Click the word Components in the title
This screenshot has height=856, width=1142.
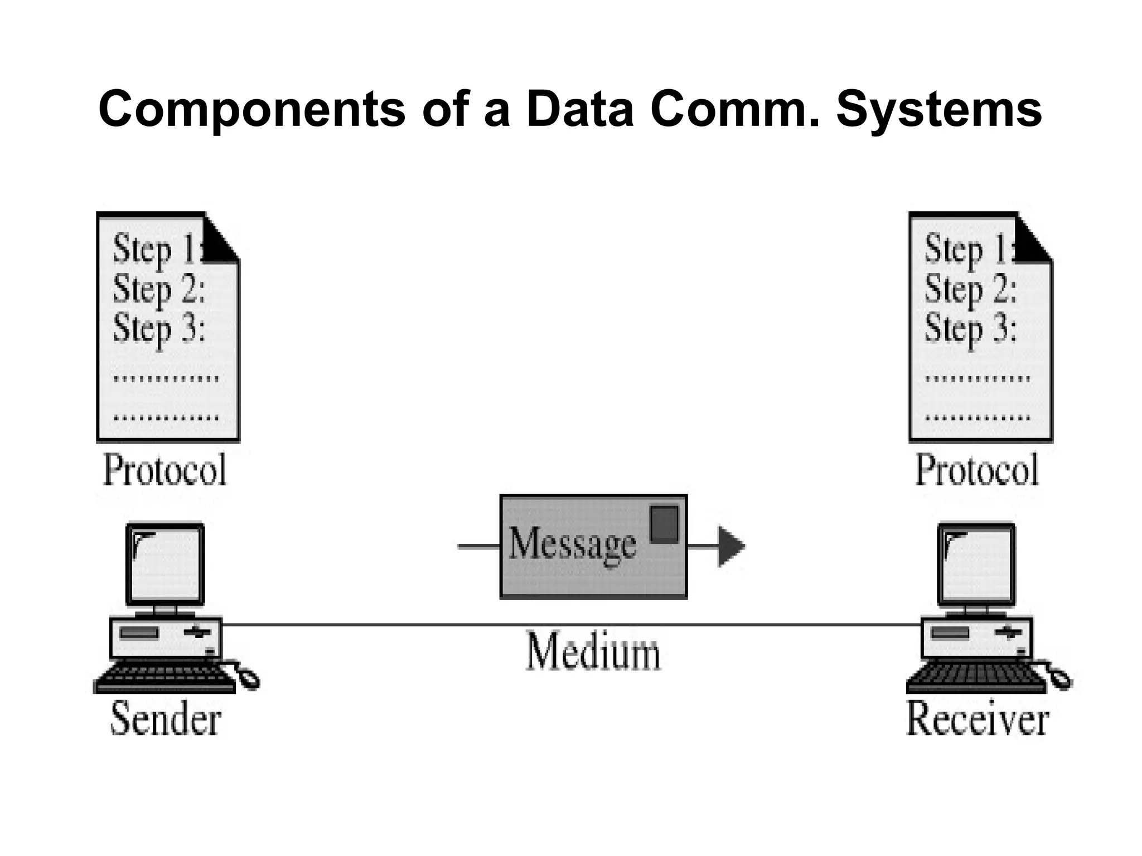pyautogui.click(x=251, y=110)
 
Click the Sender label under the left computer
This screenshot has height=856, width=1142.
pyautogui.click(x=166, y=719)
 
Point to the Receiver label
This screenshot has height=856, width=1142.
pyautogui.click(x=977, y=719)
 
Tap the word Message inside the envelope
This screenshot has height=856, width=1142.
pyautogui.click(x=572, y=544)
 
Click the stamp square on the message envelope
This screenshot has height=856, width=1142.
pyautogui.click(x=664, y=524)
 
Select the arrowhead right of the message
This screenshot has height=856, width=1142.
pyautogui.click(x=730, y=547)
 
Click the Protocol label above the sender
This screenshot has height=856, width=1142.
pyautogui.click(x=165, y=470)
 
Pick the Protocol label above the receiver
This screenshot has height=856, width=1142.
pyautogui.click(x=977, y=470)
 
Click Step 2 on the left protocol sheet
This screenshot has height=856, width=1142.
pyautogui.click(x=159, y=290)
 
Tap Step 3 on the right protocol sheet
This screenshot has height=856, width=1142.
pyautogui.click(x=971, y=329)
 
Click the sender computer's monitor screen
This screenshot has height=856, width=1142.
pyautogui.click(x=165, y=564)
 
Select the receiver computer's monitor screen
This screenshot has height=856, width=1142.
pyautogui.click(x=976, y=564)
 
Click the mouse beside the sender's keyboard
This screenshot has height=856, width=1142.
pyautogui.click(x=248, y=678)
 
